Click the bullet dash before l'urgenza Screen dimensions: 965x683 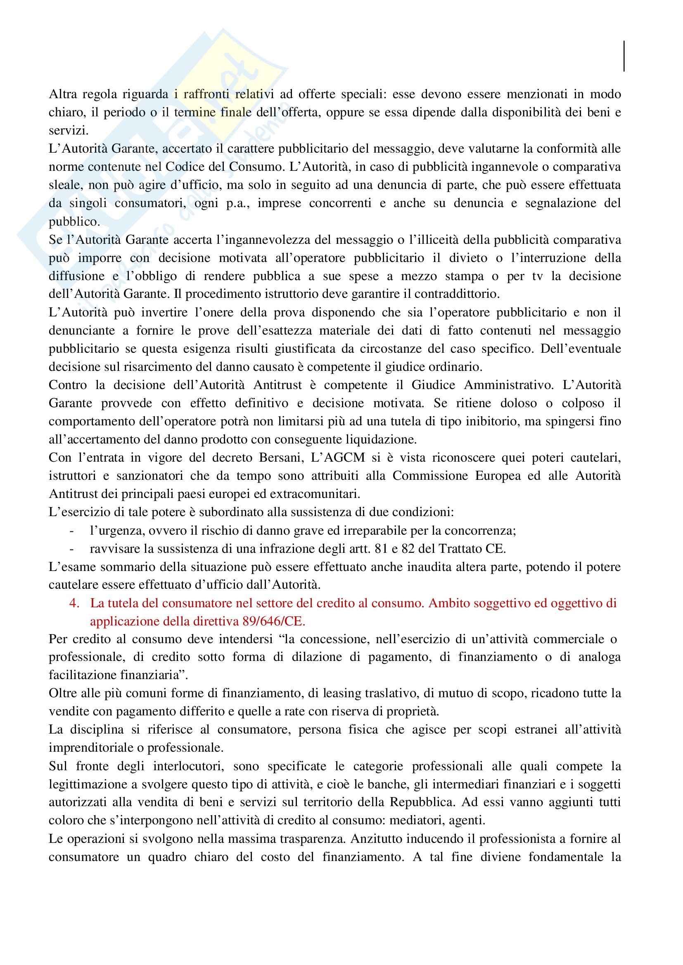click(72, 531)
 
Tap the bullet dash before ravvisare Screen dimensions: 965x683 click(72, 549)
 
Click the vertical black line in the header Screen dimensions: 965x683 click(624, 56)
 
